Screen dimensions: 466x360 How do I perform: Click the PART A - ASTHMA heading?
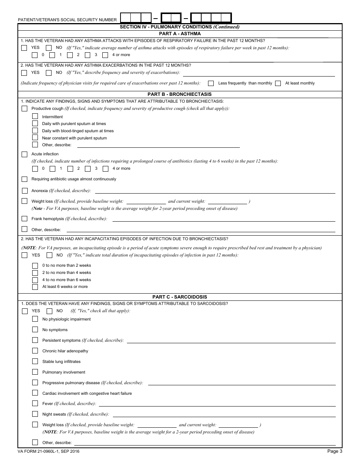(x=180, y=34)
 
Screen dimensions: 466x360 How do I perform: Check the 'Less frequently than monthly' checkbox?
(x=211, y=83)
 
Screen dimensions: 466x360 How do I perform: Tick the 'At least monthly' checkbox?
(x=278, y=83)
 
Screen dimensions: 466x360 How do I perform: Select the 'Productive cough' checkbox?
(x=25, y=109)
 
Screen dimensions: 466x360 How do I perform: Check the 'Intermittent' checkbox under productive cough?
(x=35, y=116)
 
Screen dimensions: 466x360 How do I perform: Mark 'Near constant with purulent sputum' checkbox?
(x=35, y=138)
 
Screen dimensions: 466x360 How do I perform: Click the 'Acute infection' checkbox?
(x=25, y=154)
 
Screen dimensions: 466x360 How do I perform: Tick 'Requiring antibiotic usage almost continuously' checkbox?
(x=25, y=179)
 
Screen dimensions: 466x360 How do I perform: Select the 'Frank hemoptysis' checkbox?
(x=25, y=219)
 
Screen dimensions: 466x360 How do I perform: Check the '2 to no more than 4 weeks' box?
(x=35, y=272)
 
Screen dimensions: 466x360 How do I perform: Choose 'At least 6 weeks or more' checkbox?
(x=35, y=287)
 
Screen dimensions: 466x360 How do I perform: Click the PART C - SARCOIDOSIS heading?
(x=180, y=297)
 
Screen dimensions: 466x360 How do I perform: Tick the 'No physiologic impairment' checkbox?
(x=35, y=319)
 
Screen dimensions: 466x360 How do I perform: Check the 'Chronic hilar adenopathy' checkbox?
(x=35, y=351)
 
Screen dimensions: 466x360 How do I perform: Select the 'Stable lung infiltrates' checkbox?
(x=35, y=361)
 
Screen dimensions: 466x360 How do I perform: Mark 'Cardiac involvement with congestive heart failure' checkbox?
(x=35, y=393)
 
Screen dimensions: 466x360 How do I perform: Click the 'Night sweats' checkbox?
(x=35, y=414)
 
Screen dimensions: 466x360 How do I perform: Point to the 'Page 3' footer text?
(x=335, y=451)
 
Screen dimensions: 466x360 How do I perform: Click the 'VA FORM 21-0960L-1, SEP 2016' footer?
(x=49, y=451)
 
